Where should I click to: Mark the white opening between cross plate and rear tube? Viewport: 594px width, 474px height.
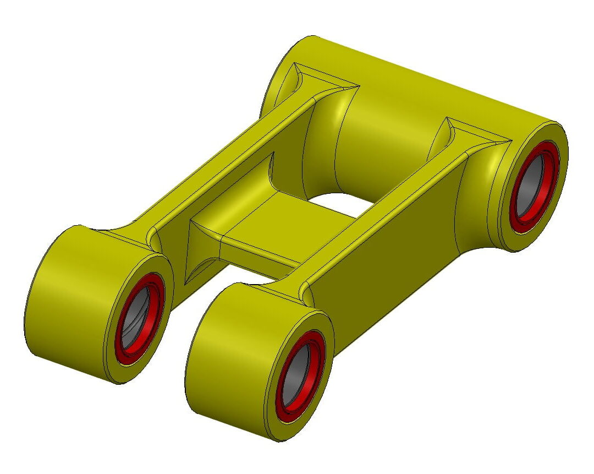(x=335, y=203)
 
